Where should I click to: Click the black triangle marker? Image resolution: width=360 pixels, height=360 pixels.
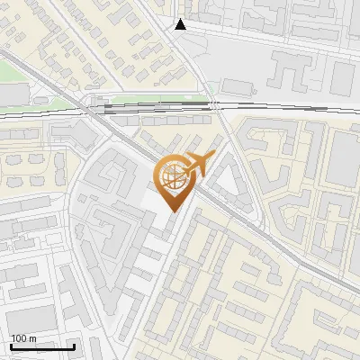pos(181,24)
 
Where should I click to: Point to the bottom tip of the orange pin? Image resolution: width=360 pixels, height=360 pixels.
pos(174,211)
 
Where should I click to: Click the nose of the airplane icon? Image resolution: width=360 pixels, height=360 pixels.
pos(212,155)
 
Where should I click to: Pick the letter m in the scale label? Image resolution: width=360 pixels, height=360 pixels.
pos(32,338)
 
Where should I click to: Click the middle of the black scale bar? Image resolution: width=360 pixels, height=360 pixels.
pos(42,346)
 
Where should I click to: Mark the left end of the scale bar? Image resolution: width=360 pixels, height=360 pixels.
pos(11,346)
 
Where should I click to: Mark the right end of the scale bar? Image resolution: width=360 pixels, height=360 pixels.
pos(74,346)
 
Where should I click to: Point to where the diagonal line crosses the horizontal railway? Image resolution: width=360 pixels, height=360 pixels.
pos(90,108)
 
